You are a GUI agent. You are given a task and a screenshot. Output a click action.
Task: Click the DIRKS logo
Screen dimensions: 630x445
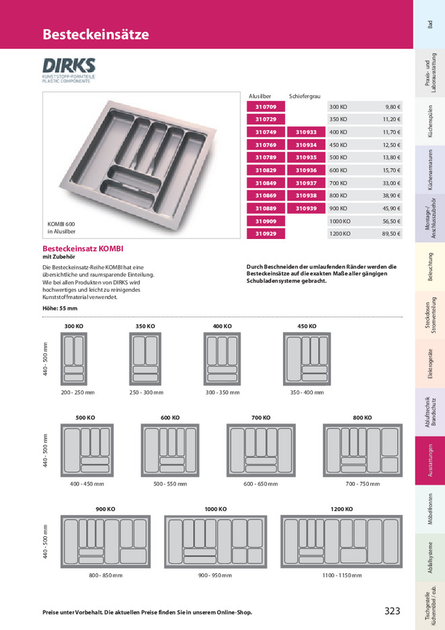[69, 70]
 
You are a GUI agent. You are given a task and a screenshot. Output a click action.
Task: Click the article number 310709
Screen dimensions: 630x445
[266, 107]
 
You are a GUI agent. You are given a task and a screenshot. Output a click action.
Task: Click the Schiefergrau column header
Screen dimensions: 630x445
[305, 97]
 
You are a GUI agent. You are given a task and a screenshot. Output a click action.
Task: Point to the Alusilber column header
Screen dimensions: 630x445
[260, 97]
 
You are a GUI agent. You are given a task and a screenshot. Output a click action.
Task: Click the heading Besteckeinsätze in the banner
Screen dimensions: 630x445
[96, 34]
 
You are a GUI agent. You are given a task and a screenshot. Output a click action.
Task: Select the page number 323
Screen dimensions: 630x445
[392, 611]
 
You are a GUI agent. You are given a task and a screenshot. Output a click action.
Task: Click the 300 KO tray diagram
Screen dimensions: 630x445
[73, 358]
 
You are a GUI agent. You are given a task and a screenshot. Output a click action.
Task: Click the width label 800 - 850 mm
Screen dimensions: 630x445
[105, 575]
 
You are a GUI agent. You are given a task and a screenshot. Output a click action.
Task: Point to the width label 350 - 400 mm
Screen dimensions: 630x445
[307, 392]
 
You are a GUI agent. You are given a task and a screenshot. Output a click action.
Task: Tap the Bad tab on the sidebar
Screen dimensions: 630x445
[430, 24]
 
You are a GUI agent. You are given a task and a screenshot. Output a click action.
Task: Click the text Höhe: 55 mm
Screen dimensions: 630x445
[60, 308]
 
